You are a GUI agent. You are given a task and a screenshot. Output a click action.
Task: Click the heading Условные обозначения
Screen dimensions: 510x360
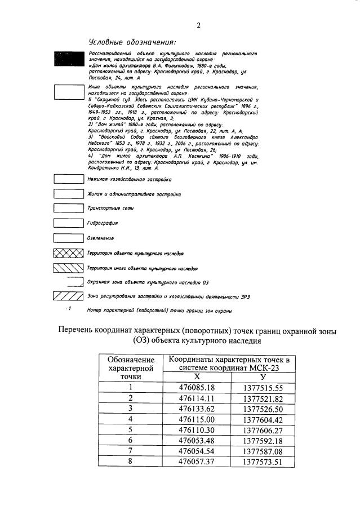coord(132,42)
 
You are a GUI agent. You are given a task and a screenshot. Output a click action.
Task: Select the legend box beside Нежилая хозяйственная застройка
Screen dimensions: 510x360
coord(68,179)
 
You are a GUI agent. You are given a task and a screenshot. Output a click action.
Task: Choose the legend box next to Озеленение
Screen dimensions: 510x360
coord(68,238)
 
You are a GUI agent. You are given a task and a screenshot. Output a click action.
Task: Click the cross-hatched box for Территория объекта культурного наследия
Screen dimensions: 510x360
coord(68,253)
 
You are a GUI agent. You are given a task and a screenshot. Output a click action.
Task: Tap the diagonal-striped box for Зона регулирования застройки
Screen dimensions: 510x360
coord(68,295)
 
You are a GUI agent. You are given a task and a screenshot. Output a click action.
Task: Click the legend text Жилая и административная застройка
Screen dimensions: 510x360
coord(134,194)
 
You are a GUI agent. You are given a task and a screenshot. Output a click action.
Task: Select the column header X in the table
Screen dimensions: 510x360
coord(197,377)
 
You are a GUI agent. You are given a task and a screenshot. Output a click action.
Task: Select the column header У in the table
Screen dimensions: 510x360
coord(263,377)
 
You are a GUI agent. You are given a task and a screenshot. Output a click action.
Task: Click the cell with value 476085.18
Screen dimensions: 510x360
coord(197,387)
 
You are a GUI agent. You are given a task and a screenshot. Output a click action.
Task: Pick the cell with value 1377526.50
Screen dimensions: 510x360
coord(263,409)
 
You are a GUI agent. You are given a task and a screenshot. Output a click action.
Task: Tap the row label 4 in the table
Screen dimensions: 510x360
coord(130,419)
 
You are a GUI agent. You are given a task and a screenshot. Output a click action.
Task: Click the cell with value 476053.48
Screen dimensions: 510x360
coord(197,441)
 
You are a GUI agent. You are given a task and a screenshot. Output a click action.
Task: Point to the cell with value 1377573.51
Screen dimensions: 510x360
coord(263,462)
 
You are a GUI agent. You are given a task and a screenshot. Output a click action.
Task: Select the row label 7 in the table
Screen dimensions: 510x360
coord(130,451)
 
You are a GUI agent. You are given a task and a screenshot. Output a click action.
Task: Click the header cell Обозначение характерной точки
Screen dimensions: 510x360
coord(130,367)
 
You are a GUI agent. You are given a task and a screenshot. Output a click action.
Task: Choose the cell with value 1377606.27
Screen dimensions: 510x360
coord(263,430)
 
